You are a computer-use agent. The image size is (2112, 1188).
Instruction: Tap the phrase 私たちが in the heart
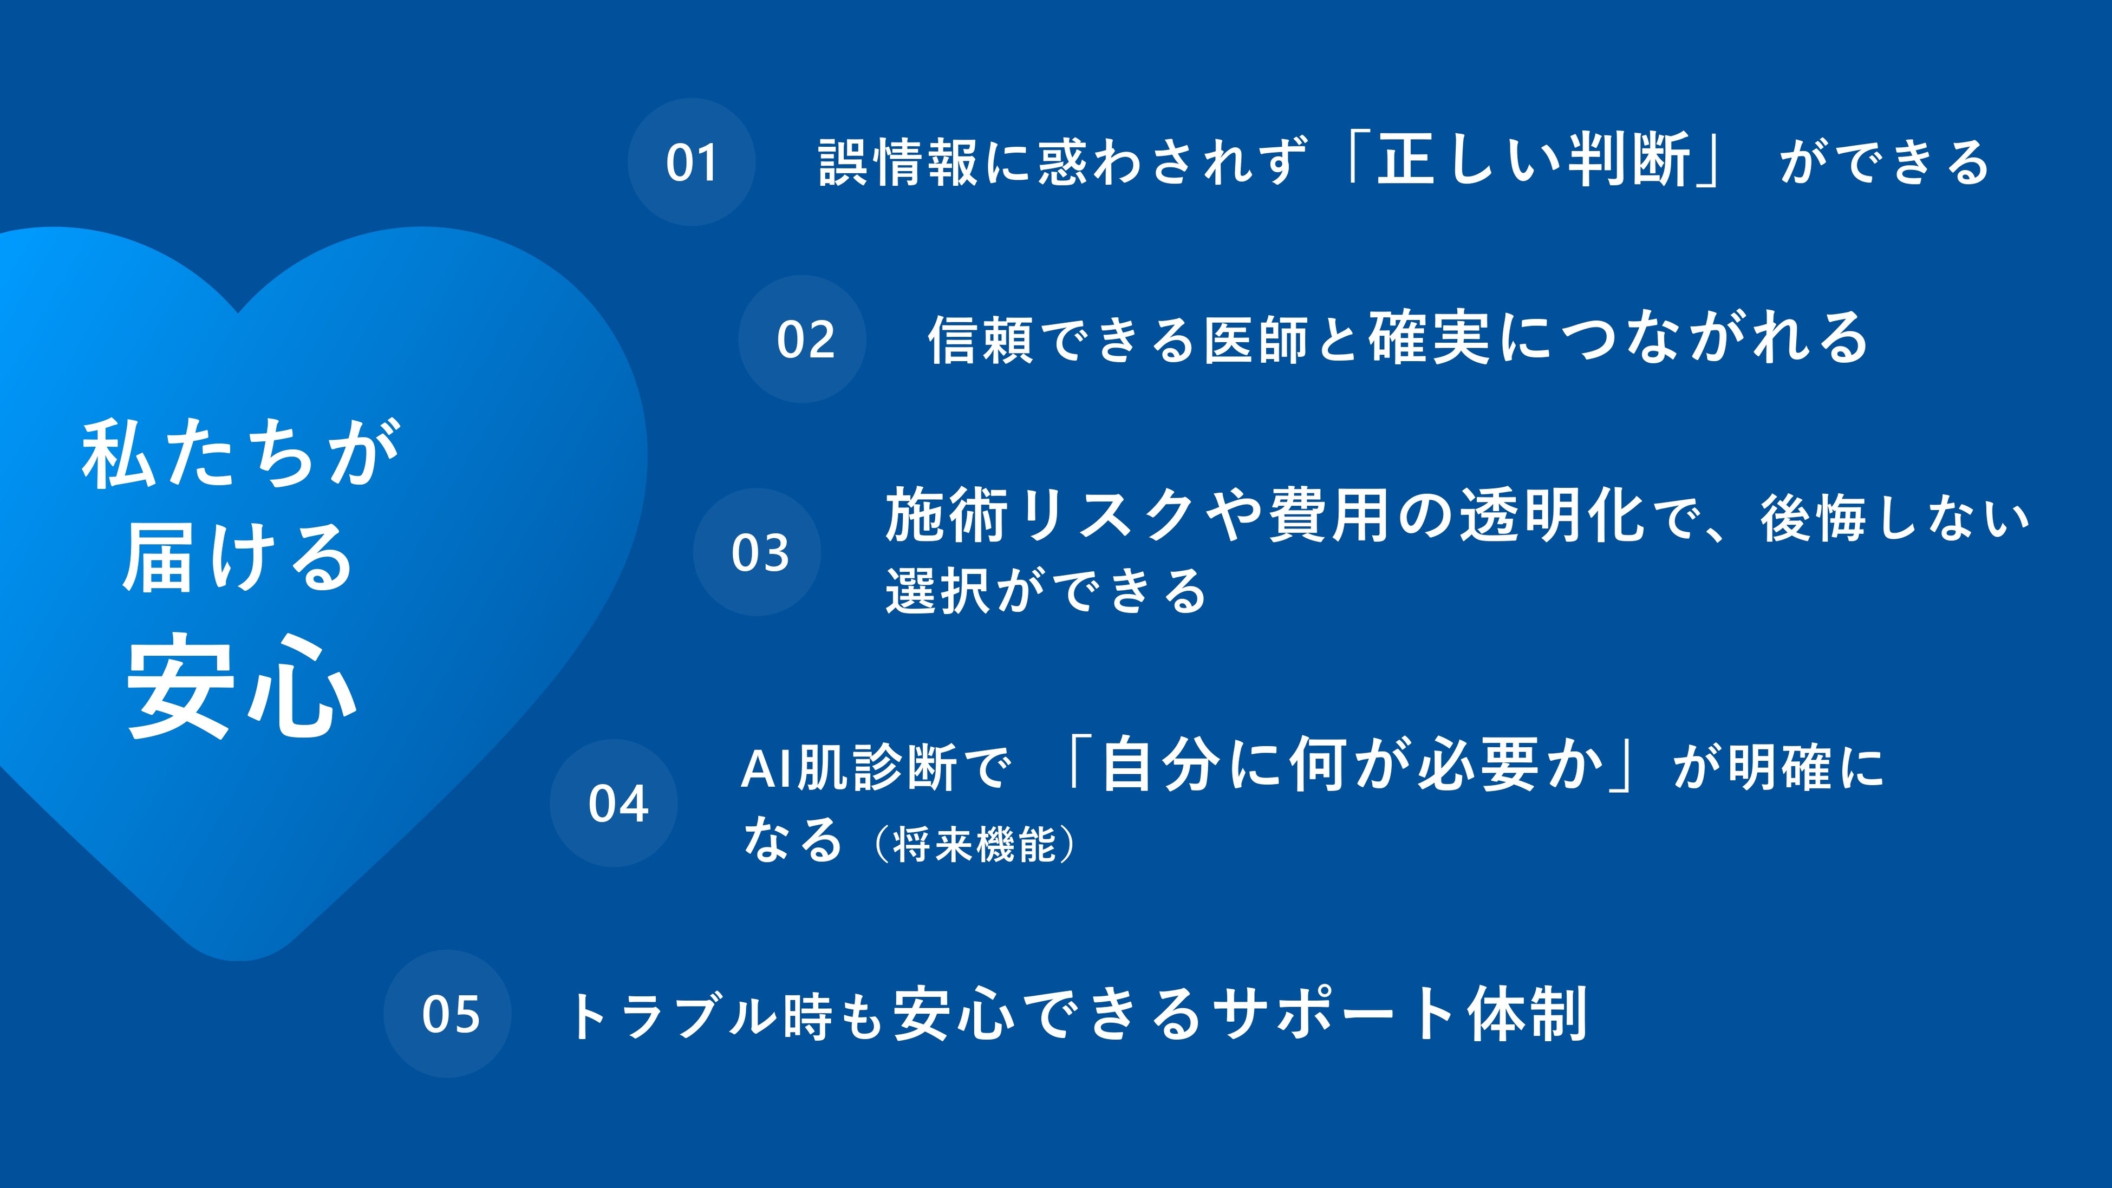pos(241,453)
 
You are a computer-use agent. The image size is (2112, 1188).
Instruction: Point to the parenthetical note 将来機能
pos(974,845)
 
